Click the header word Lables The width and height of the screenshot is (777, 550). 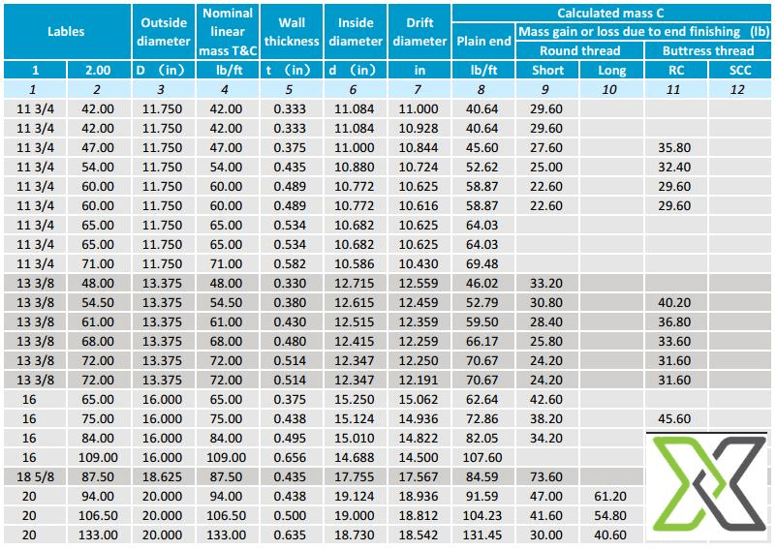(66, 31)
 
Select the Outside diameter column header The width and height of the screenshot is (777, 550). (164, 31)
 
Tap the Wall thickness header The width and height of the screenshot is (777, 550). (292, 31)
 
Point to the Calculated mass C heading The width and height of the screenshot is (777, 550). (613, 13)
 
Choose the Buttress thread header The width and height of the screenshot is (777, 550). (707, 50)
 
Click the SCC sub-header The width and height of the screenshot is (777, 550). (740, 70)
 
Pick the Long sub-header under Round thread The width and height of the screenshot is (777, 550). (612, 70)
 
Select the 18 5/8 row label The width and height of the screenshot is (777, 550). (35, 475)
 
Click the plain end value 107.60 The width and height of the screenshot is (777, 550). (482, 457)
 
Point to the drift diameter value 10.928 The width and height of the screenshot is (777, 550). (419, 128)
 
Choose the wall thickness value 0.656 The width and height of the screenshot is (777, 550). (292, 457)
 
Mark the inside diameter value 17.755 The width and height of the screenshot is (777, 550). (355, 475)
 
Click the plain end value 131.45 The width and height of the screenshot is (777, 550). (482, 534)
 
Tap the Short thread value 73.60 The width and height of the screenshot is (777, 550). (547, 475)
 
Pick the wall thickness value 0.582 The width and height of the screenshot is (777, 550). (292, 263)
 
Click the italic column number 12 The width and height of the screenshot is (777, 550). (740, 89)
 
